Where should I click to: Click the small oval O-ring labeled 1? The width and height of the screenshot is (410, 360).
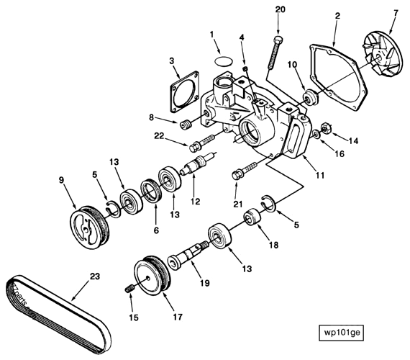pyautogui.click(x=223, y=59)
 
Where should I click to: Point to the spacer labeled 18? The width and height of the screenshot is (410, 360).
pyautogui.click(x=252, y=216)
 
